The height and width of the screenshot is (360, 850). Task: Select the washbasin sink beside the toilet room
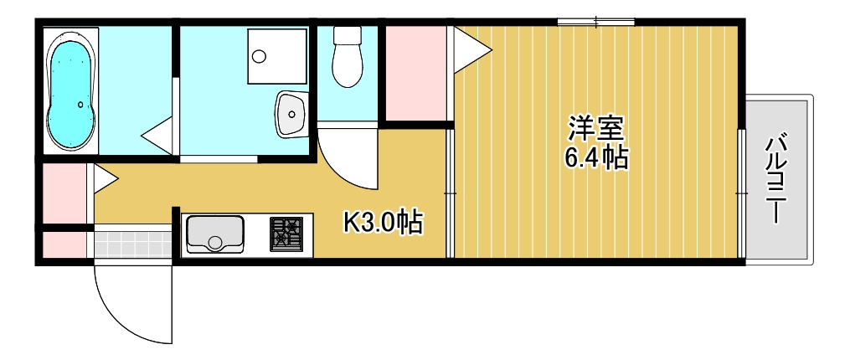tap(291, 112)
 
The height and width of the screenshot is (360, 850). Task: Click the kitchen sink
tap(215, 234)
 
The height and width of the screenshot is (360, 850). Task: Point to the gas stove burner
tap(286, 234)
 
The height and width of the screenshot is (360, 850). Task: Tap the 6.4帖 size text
tap(596, 157)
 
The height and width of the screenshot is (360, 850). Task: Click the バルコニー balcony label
tap(778, 177)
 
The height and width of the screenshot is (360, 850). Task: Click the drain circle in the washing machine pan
tap(259, 57)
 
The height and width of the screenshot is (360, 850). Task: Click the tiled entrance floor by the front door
tap(132, 244)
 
